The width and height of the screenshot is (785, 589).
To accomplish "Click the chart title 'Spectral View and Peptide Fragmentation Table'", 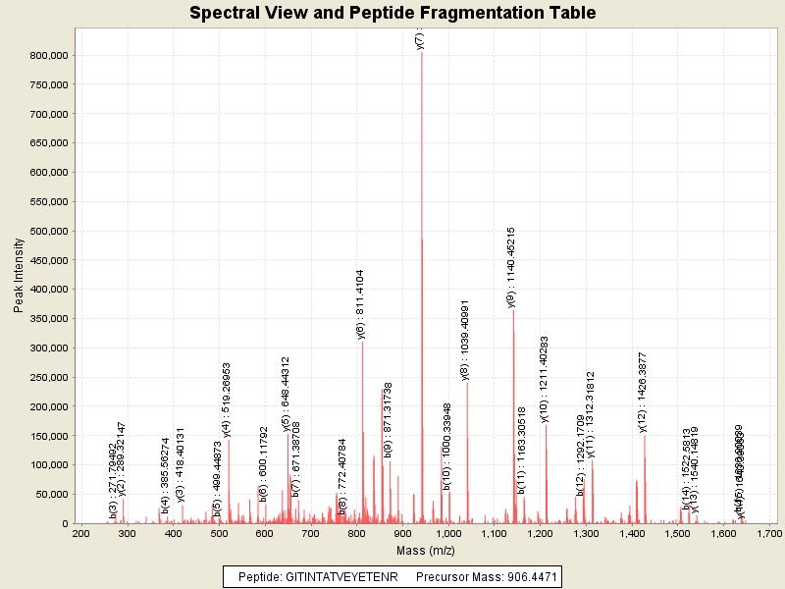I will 392,13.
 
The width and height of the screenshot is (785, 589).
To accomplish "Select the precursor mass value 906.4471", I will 524,577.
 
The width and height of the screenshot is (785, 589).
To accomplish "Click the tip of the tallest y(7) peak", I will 422,52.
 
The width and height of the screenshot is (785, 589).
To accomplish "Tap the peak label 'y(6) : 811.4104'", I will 361,303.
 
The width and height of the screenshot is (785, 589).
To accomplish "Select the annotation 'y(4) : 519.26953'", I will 227,399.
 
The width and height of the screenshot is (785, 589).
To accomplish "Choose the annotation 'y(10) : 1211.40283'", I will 545,379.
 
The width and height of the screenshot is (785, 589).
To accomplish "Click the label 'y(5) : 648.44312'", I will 287,394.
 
